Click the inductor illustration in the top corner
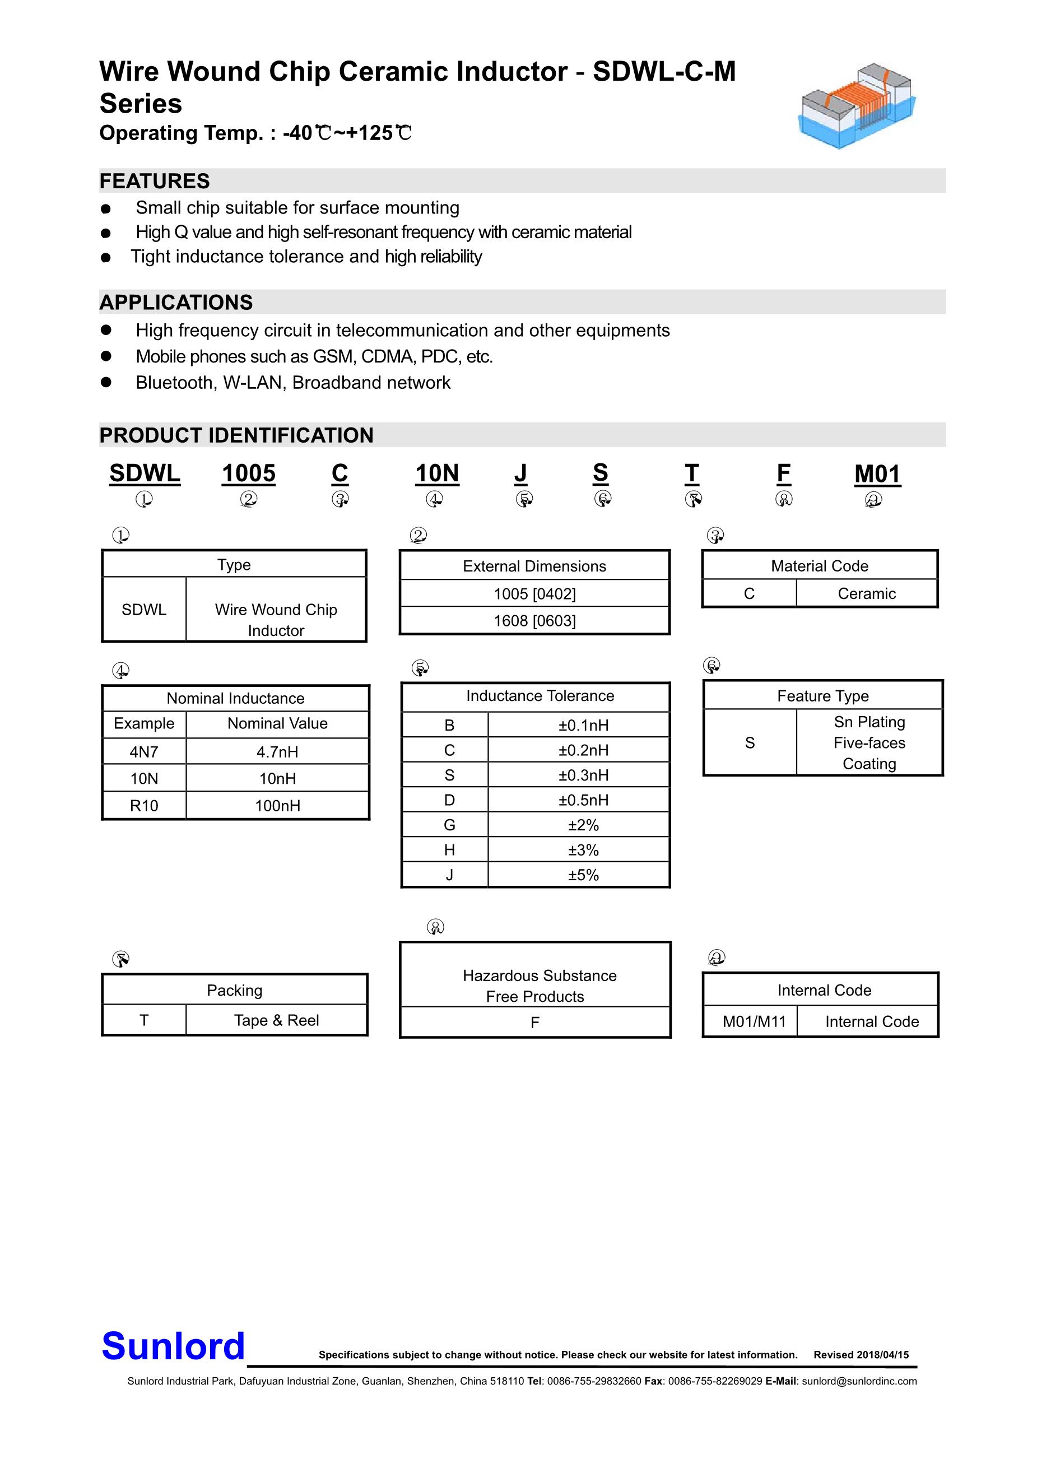857,105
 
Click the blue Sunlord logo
173,1346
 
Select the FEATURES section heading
155,181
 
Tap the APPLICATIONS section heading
176,303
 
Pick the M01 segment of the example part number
877,474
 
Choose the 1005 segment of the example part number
249,474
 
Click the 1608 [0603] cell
534,621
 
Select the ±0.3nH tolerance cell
583,775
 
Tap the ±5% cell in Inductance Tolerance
583,875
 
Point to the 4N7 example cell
144,752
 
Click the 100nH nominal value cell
277,806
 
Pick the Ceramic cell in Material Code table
866,593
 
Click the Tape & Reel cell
276,1020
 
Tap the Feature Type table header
823,696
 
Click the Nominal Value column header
277,723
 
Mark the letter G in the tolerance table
449,825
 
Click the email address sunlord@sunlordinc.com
859,1381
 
